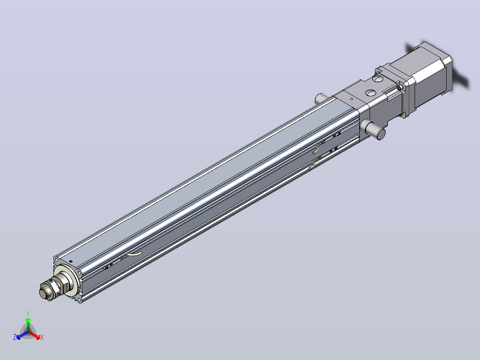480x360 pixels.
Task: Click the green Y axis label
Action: pos(28,313)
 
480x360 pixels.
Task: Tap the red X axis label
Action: pos(42,337)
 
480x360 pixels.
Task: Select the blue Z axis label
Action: pos(15,337)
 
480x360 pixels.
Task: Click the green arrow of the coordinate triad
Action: pos(28,324)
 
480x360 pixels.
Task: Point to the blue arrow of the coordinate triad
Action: pos(22,335)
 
